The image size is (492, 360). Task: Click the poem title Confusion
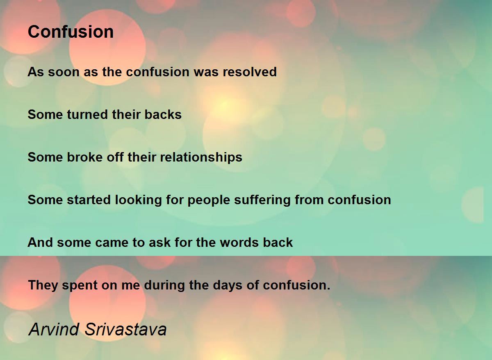pos(71,32)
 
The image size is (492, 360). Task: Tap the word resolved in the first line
pos(250,72)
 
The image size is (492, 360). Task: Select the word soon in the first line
pos(64,72)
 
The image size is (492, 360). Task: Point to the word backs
pos(163,114)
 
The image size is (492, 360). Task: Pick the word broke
pos(84,157)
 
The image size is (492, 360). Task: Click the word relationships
pos(201,158)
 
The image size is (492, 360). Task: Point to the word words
pos(239,242)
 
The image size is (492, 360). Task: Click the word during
pos(164,285)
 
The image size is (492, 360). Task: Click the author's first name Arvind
pos(54,329)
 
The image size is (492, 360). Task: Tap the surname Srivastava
pos(125,329)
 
